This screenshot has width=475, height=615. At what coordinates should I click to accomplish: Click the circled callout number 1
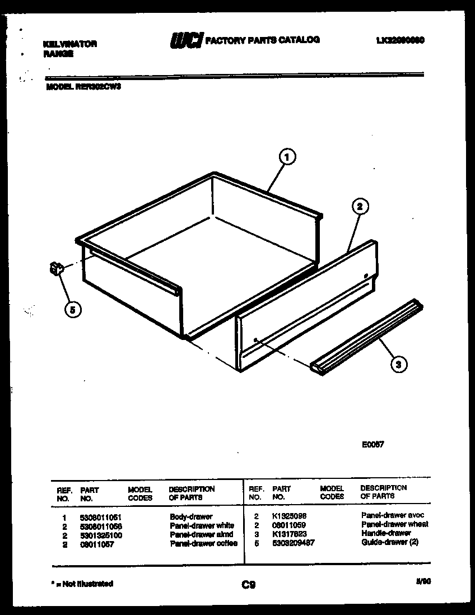(286, 159)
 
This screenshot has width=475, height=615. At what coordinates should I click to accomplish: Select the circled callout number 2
(359, 206)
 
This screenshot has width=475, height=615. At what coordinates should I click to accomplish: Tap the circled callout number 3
(398, 364)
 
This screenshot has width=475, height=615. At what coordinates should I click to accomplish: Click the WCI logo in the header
(186, 41)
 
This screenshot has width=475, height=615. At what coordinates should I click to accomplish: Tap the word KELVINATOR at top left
(70, 44)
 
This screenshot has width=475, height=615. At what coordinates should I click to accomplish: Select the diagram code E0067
(372, 445)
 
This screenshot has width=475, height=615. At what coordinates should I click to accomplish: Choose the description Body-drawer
(191, 517)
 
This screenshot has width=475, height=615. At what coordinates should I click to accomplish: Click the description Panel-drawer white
(201, 526)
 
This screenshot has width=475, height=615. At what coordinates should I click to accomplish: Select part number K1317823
(289, 534)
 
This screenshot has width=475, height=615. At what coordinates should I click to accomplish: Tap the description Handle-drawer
(386, 533)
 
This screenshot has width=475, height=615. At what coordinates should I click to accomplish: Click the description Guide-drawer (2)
(389, 542)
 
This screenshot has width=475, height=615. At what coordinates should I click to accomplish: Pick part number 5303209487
(293, 543)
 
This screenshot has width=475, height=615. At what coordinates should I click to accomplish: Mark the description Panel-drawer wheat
(394, 524)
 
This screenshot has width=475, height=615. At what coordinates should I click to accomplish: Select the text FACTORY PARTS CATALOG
(263, 40)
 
